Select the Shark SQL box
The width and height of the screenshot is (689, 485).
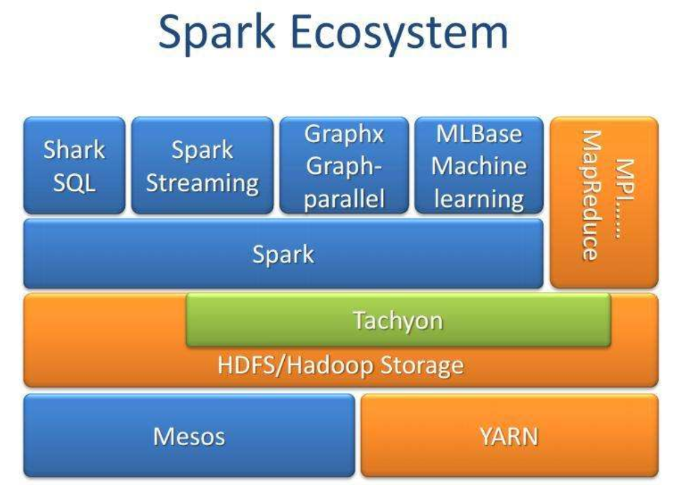pyautogui.click(x=74, y=166)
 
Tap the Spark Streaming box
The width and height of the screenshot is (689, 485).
pyautogui.click(x=203, y=166)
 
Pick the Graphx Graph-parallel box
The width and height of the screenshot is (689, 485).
pyautogui.click(x=343, y=166)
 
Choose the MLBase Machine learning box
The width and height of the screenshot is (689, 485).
pyautogui.click(x=479, y=166)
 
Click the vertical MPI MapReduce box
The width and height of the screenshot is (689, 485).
pyautogui.click(x=604, y=202)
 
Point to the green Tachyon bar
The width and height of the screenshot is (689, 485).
pyautogui.click(x=398, y=321)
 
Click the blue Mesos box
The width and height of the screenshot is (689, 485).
pyautogui.click(x=189, y=436)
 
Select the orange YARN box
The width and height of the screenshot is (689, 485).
pyautogui.click(x=509, y=436)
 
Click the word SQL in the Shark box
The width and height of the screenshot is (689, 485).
pyautogui.click(x=74, y=183)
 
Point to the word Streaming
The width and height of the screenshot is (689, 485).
pyautogui.click(x=203, y=183)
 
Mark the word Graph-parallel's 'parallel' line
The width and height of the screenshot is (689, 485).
pyautogui.click(x=343, y=199)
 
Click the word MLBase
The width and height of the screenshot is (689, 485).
pyautogui.click(x=479, y=134)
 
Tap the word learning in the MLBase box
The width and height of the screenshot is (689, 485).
pyautogui.click(x=479, y=199)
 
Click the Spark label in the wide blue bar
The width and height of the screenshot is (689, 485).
pyautogui.click(x=283, y=255)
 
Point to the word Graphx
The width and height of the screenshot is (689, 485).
pyautogui.click(x=343, y=134)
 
